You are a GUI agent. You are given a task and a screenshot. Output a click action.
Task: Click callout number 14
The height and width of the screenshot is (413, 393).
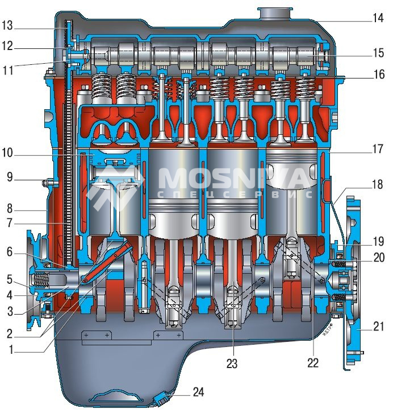pyautogui.click(x=378, y=18)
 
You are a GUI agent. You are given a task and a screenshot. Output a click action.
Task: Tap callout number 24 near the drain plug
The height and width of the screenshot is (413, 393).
pyautogui.click(x=198, y=392)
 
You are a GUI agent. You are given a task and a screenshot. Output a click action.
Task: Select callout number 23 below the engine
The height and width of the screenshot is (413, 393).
pyautogui.click(x=232, y=364)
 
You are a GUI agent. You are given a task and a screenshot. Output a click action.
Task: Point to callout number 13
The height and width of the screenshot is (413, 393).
pyautogui.click(x=7, y=26)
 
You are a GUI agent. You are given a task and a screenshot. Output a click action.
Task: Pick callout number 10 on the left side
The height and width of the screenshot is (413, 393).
pyautogui.click(x=7, y=153)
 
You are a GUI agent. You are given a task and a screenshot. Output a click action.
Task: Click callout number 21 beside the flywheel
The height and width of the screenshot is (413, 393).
pyautogui.click(x=379, y=327)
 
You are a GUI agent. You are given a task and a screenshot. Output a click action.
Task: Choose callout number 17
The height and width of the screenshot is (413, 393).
pyautogui.click(x=378, y=149)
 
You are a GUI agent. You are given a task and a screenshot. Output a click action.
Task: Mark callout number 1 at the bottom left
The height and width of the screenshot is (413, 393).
pyautogui.click(x=11, y=350)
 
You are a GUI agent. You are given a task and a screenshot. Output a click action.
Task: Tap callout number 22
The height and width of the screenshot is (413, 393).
pyautogui.click(x=313, y=363)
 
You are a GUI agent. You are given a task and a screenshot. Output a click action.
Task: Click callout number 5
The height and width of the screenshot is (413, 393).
pyautogui.click(x=10, y=279)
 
